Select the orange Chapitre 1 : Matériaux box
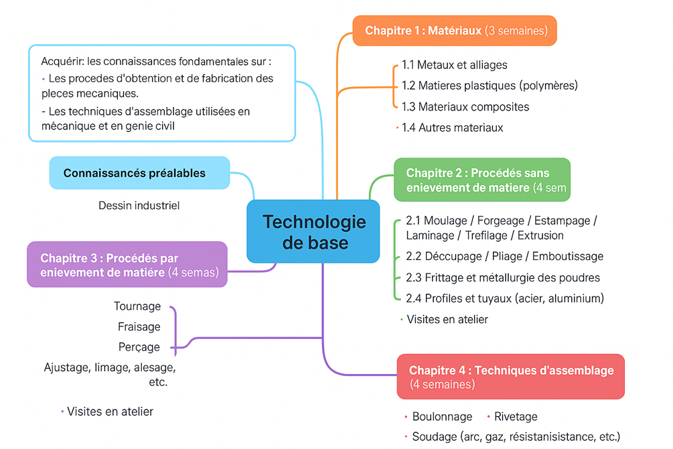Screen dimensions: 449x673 (x=455, y=31)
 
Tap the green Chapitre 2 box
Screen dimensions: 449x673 (x=482, y=180)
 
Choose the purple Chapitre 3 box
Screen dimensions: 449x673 (x=127, y=265)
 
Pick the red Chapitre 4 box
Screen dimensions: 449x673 (x=510, y=377)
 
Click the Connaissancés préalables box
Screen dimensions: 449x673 (x=139, y=173)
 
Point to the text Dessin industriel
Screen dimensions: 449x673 (x=139, y=205)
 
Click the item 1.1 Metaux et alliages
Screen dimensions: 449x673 (x=454, y=65)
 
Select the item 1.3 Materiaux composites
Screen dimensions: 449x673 (x=465, y=107)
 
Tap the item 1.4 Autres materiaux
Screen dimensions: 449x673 (x=452, y=127)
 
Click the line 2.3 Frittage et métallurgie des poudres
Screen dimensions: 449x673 (x=502, y=277)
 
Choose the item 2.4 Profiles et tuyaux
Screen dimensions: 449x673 (x=505, y=298)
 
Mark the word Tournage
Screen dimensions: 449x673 (x=137, y=306)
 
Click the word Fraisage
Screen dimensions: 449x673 (x=139, y=327)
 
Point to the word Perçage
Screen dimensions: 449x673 (x=139, y=347)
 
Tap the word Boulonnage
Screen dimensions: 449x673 (x=442, y=417)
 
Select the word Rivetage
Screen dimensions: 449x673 (x=516, y=417)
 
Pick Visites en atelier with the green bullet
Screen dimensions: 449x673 (x=447, y=320)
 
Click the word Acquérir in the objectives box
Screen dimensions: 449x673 (x=62, y=61)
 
